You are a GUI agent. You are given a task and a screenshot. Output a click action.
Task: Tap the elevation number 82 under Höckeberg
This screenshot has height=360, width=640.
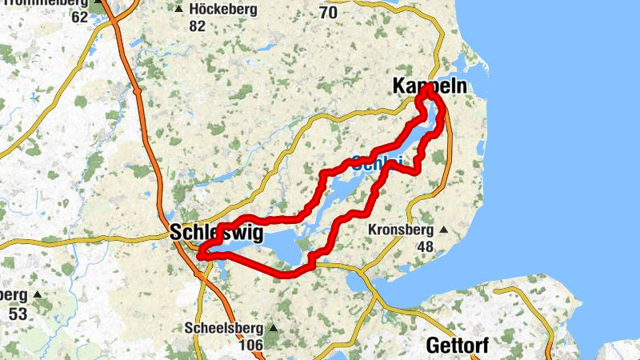point(198,26)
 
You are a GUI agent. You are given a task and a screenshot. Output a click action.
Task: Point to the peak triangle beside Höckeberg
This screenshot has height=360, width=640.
point(178,10)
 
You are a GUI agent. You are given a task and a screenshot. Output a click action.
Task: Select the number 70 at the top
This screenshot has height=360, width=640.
point(328,13)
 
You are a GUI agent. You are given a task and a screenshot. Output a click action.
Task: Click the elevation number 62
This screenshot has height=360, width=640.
point(79,16)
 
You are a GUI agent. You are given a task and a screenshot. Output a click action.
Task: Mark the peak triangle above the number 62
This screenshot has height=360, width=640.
point(98,2)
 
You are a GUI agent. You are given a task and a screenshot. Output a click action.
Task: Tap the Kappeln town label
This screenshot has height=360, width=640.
point(428,85)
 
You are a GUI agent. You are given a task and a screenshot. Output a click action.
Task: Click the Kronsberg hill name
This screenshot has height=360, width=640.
point(400,230)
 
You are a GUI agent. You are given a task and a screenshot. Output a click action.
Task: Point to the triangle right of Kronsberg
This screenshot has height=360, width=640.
point(444,230)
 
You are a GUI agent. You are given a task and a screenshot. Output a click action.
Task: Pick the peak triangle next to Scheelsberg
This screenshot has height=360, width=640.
point(273,328)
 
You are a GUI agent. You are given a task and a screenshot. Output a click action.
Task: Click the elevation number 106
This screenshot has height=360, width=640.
point(251,345)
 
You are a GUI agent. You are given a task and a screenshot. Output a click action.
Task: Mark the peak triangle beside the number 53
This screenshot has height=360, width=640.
point(36,294)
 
